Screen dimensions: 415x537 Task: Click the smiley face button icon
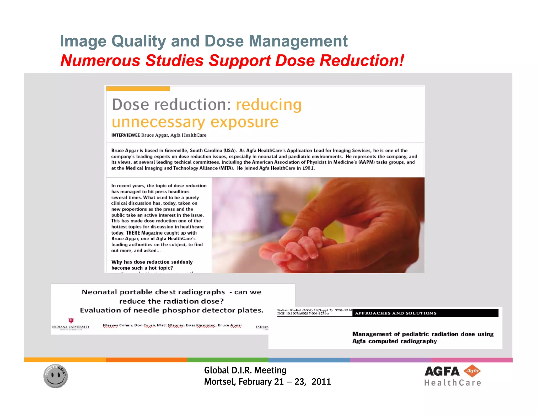(55, 376)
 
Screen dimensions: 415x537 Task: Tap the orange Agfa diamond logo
(472, 371)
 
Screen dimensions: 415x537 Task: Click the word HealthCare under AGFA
(453, 383)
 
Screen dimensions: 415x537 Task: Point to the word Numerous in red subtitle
(100, 61)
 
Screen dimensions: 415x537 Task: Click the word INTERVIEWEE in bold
(125, 135)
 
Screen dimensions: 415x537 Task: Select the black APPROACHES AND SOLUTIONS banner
(425, 313)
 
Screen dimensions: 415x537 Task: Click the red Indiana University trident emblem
(71, 320)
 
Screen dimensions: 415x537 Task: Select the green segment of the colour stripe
(228, 360)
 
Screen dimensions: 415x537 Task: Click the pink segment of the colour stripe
(471, 360)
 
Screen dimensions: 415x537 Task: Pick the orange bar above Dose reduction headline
(138, 89)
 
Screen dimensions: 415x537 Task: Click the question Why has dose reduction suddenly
(152, 262)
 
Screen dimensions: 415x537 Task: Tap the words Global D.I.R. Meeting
(245, 370)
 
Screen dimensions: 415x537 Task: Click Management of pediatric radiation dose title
(423, 337)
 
